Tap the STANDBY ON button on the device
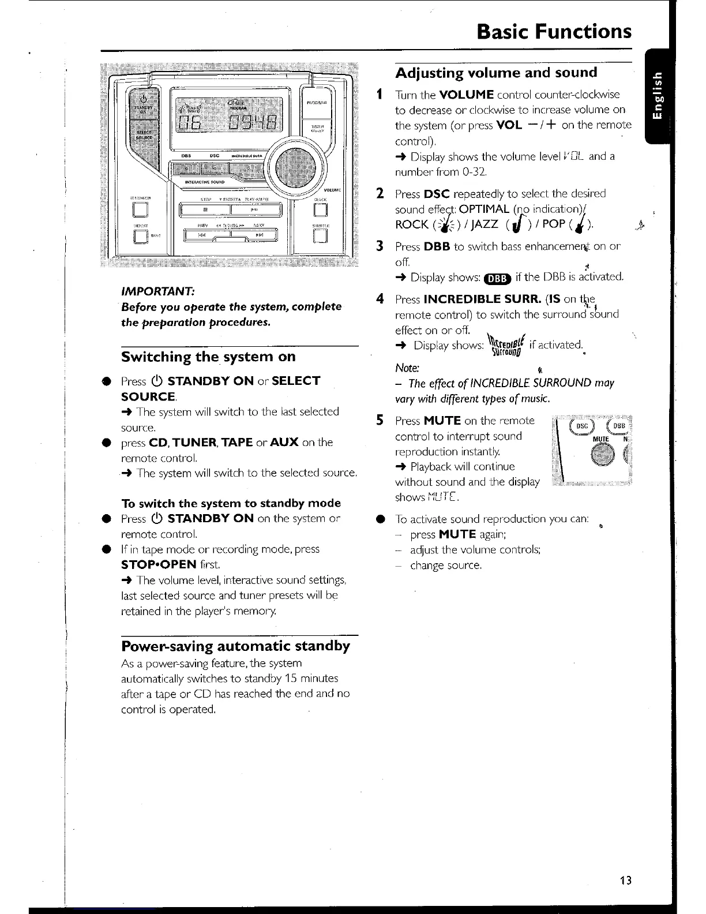pyautogui.click(x=141, y=106)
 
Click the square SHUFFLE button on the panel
pyautogui.click(x=320, y=235)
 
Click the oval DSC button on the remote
pyautogui.click(x=583, y=426)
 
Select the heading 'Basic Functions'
pyautogui.click(x=554, y=31)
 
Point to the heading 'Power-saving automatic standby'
pyautogui.click(x=235, y=645)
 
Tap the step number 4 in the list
pyautogui.click(x=380, y=299)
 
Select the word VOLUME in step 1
pyautogui.click(x=466, y=95)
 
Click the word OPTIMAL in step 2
pyautogui.click(x=484, y=209)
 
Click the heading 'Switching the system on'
pyautogui.click(x=208, y=357)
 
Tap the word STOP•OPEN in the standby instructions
pyautogui.click(x=159, y=564)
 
